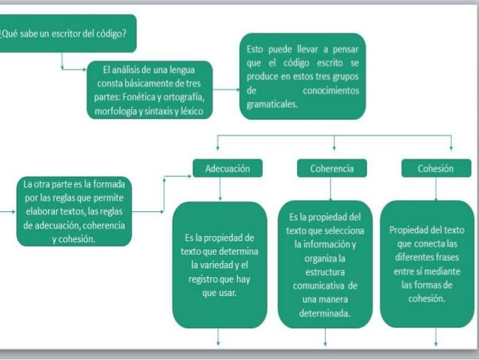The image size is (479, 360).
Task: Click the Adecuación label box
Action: tap(227, 169)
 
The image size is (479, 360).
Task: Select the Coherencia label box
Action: tap(331, 169)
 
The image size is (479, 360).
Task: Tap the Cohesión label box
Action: tap(435, 169)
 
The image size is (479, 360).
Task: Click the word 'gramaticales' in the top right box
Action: tap(273, 104)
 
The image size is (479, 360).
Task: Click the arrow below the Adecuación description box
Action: tap(219, 340)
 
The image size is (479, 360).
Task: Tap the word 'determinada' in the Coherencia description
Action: tap(324, 313)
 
